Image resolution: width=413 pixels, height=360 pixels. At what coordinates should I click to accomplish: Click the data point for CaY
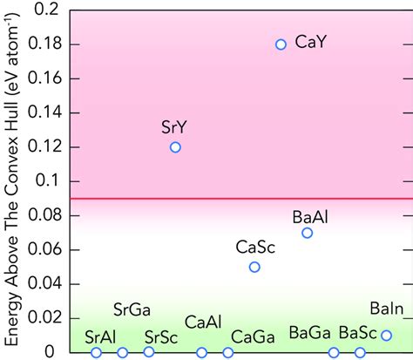(x=281, y=44)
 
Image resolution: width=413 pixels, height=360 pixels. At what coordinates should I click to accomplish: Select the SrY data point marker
(x=175, y=147)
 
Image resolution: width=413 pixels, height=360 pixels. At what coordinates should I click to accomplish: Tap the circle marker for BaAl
(x=307, y=233)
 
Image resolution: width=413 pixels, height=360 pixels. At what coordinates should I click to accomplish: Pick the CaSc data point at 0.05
(x=254, y=267)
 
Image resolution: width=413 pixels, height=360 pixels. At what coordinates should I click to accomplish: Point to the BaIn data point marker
(x=386, y=335)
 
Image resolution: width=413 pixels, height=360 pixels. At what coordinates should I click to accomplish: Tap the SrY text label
(x=174, y=127)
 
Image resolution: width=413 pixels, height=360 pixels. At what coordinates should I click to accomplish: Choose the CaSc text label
(x=255, y=247)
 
